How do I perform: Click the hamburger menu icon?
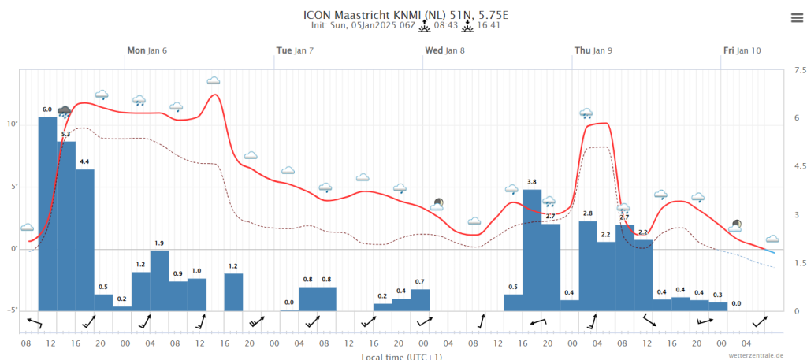pyautogui.click(x=797, y=19)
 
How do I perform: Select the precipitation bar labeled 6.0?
pyautogui.click(x=48, y=214)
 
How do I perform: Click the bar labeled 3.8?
pyautogui.click(x=532, y=251)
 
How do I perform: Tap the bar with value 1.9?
pyautogui.click(x=159, y=280)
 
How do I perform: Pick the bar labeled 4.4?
pyautogui.click(x=85, y=240)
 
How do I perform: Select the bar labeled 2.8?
pyautogui.click(x=588, y=266)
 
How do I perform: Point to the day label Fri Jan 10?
pyautogui.click(x=742, y=50)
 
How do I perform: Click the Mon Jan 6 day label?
pyautogui.click(x=147, y=50)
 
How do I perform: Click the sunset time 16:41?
pyautogui.click(x=489, y=25)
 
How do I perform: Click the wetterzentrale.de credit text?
pyautogui.click(x=756, y=355)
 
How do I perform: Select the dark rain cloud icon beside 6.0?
pyautogui.click(x=65, y=112)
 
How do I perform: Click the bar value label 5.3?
pyautogui.click(x=66, y=134)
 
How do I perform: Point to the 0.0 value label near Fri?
pyautogui.click(x=737, y=303)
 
